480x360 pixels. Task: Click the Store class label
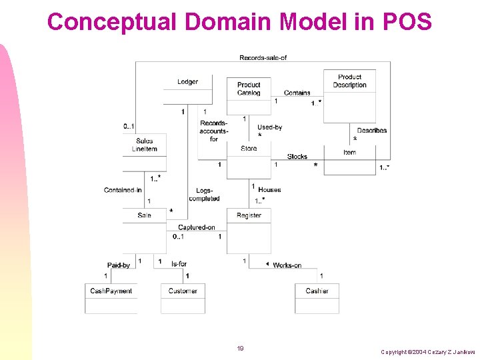click(249, 149)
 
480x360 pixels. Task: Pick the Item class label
click(349, 153)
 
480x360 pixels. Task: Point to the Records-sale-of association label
click(263, 57)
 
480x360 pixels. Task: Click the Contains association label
click(297, 93)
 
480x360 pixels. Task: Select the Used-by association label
click(269, 127)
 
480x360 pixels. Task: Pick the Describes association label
click(371, 130)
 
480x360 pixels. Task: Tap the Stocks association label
click(297, 157)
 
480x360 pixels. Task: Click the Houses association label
click(269, 190)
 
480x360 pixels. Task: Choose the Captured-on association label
click(196, 227)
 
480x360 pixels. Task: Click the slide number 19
click(240, 348)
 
